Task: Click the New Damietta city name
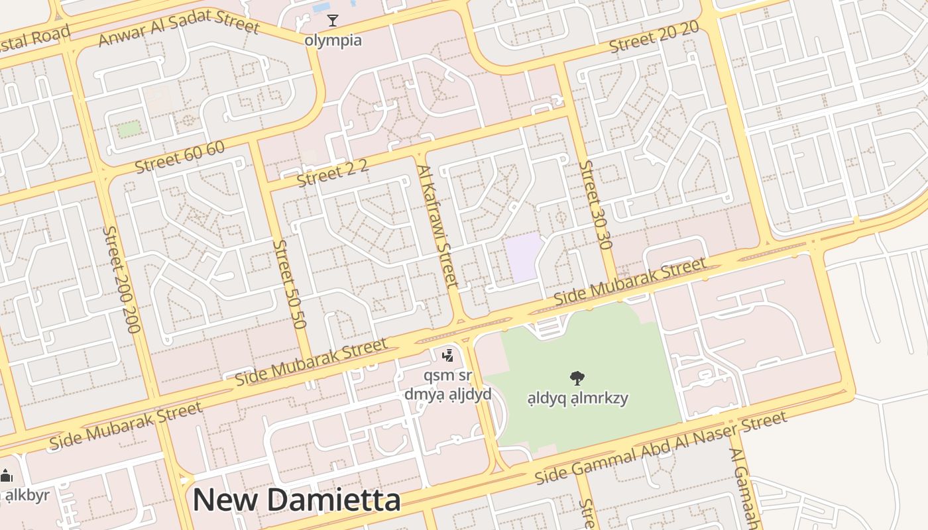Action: (296, 500)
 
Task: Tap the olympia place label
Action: (333, 40)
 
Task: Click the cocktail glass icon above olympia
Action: (333, 21)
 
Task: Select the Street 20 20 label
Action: (654, 37)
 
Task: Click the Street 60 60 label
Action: (180, 158)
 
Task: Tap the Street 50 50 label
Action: (290, 284)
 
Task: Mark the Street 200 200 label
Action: (122, 279)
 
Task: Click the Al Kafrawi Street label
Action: (438, 226)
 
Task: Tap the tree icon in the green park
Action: (577, 378)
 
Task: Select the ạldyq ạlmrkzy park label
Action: (577, 398)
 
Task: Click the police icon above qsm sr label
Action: (448, 356)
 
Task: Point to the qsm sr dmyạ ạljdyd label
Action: (448, 385)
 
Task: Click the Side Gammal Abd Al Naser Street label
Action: (661, 447)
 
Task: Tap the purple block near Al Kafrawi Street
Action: (524, 257)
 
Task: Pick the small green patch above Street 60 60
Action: (129, 129)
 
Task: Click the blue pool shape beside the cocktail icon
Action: (321, 7)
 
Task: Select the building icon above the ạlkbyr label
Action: (7, 476)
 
